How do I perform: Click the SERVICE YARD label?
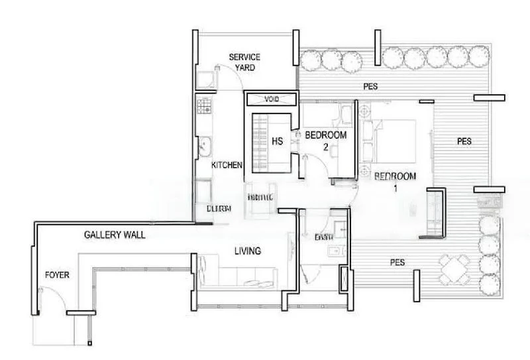click(x=244, y=62)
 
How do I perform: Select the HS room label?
click(x=277, y=141)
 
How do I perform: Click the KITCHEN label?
click(x=227, y=165)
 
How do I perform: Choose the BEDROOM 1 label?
click(x=395, y=181)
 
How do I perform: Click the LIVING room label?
click(x=246, y=251)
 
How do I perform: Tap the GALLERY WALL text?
click(x=115, y=235)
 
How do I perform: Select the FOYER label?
click(x=57, y=274)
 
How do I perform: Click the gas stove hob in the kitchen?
click(x=203, y=105)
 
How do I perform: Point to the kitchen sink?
click(x=203, y=147)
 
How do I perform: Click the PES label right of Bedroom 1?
click(x=464, y=141)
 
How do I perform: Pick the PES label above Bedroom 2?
click(x=370, y=86)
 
